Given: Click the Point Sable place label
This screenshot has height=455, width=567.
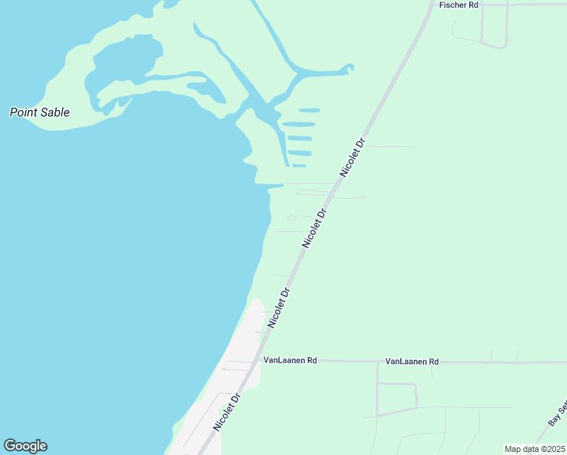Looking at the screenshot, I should (39, 112).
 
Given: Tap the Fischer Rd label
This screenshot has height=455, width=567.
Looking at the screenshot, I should (459, 5).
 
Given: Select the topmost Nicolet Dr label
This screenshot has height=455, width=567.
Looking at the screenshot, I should (353, 158).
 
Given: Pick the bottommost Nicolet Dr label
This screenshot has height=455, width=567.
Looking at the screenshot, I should (227, 413).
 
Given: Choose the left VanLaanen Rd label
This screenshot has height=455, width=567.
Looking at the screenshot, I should (290, 361).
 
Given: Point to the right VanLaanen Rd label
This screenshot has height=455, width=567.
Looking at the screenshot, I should (412, 362).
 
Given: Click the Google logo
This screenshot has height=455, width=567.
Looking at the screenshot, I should (25, 446).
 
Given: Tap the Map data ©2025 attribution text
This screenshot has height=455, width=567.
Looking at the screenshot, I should (534, 449).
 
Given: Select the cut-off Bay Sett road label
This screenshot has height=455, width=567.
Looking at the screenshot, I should (557, 413).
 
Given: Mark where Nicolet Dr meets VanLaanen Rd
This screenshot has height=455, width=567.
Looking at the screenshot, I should (260, 361).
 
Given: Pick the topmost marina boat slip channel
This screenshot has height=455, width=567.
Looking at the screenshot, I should (309, 111).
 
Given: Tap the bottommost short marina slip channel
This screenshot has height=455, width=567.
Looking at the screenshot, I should (299, 165).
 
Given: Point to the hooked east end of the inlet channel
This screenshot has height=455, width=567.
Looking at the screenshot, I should (349, 68).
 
